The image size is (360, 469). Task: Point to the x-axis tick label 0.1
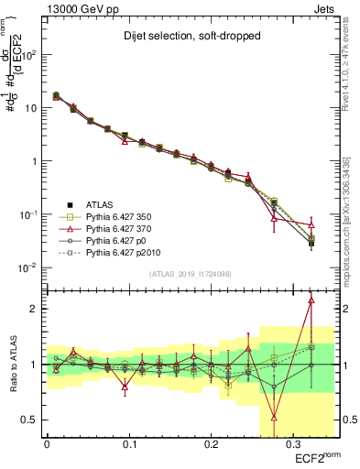tap(128, 442)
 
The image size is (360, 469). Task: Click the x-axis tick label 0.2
tap(210, 442)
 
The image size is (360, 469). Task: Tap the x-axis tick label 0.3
tap(292, 442)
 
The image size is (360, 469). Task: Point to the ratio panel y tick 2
tap(35, 309)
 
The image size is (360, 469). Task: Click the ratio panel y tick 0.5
tap(32, 420)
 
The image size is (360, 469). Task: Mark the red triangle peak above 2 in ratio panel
tap(311, 300)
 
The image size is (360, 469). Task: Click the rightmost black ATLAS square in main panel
tap(311, 244)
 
